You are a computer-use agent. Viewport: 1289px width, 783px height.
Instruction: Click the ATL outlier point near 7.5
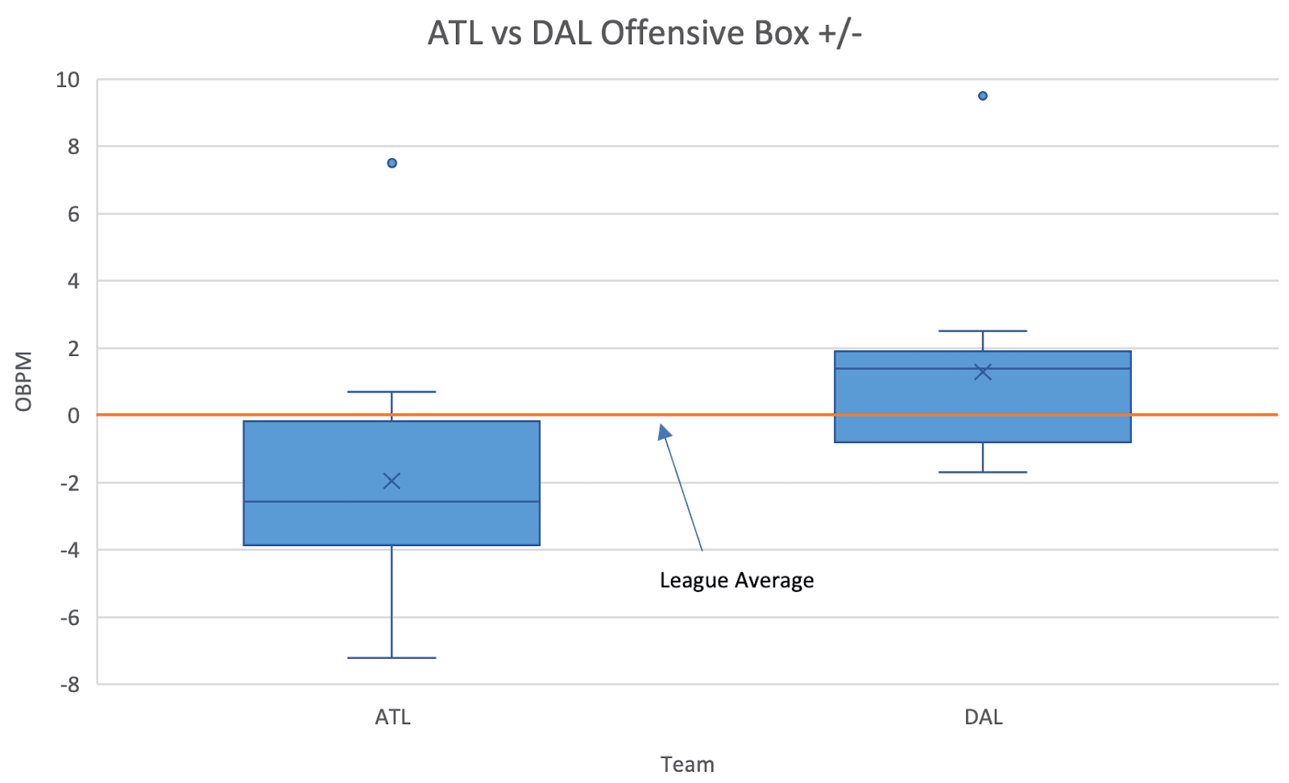coord(392,164)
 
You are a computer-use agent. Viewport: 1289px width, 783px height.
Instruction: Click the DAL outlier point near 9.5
coord(983,96)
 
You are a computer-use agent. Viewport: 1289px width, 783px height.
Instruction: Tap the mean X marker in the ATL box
coord(392,481)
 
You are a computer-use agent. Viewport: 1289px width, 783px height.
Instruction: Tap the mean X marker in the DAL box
coord(983,371)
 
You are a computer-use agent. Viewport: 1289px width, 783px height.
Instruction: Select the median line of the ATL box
coord(392,502)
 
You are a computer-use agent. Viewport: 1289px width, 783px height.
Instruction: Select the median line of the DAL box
coord(983,368)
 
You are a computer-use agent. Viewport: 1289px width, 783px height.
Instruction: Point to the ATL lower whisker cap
coord(392,657)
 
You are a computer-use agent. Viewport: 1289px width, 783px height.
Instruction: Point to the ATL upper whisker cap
coord(392,391)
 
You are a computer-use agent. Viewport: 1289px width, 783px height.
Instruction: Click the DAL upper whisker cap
coord(983,331)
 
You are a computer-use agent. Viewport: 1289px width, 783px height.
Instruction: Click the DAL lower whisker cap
coord(983,472)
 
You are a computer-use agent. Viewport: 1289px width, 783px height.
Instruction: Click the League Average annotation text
coord(736,581)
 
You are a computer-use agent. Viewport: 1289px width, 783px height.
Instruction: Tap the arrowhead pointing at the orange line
coord(664,432)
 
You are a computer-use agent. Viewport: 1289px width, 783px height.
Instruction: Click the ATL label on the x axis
coord(392,718)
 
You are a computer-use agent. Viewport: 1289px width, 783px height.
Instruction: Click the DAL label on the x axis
coord(984,718)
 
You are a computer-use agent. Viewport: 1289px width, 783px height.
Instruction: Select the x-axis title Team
coord(687,764)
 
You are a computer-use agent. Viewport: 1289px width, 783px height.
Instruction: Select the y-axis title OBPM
coord(23,382)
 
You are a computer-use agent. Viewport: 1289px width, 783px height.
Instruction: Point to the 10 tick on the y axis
coord(68,80)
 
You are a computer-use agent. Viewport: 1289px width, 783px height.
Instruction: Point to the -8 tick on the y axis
coord(70,685)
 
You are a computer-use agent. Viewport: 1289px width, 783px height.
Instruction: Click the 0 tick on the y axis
coord(73,416)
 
